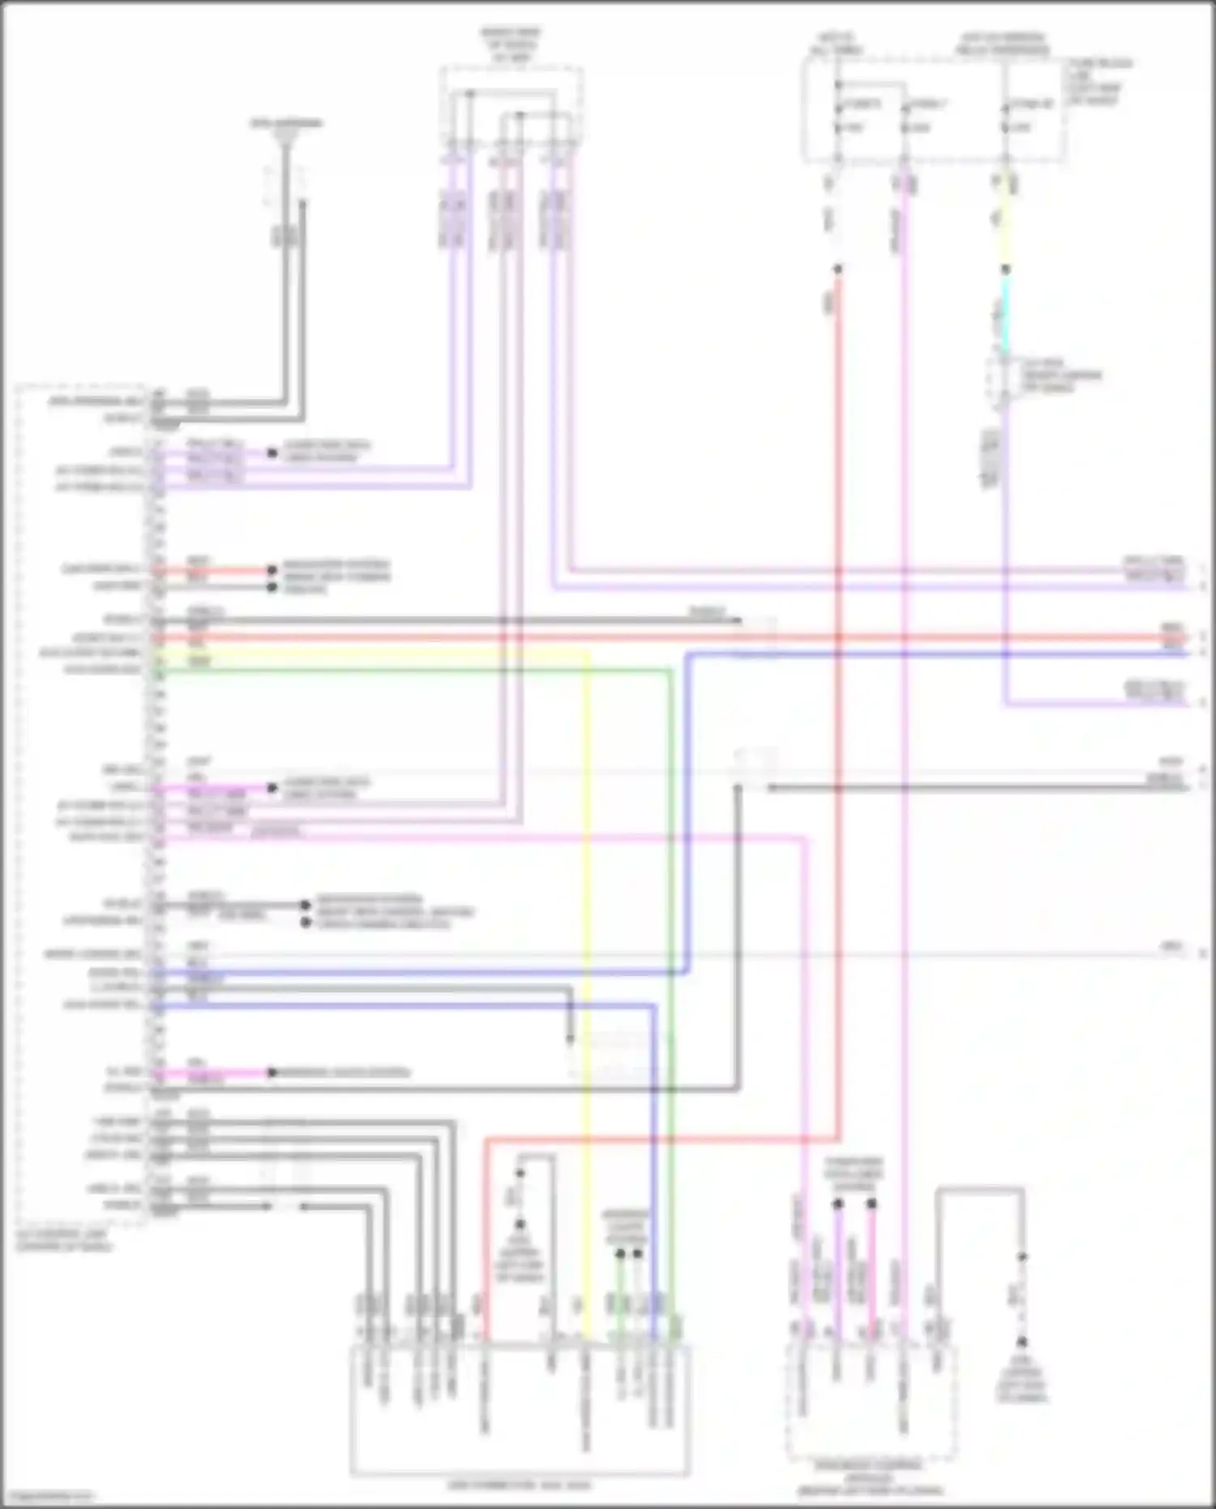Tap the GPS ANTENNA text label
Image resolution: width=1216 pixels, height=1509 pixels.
pos(285,123)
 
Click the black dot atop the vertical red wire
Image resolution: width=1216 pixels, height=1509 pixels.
pos(838,269)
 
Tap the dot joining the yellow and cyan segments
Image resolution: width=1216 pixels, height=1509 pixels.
pos(1005,269)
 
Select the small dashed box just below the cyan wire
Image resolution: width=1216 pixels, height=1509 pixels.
pos(1004,377)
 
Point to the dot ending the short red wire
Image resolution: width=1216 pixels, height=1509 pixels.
pos(272,570)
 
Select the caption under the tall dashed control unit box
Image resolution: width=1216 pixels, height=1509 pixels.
pos(65,1241)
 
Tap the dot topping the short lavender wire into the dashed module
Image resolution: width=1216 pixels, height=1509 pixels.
pos(838,1204)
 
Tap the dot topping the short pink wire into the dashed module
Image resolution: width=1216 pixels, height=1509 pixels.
pos(871,1204)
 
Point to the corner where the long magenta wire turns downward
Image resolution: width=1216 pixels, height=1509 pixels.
pos(804,839)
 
